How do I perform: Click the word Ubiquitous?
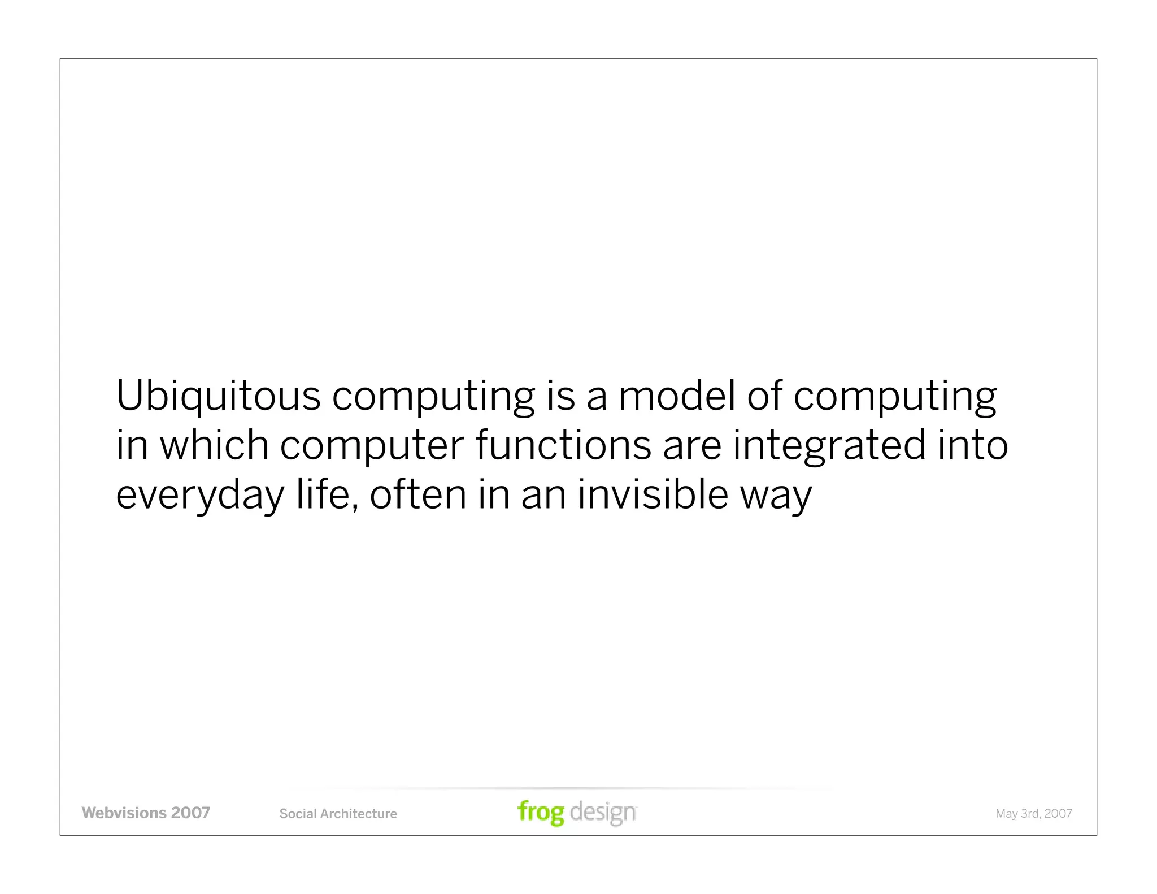(218, 397)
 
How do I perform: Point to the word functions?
(563, 445)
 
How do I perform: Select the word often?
(417, 494)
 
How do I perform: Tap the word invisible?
(653, 494)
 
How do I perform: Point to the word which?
(214, 445)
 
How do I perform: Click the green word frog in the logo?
(541, 813)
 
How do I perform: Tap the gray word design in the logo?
(603, 813)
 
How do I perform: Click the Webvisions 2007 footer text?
(146, 813)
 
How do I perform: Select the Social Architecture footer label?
(338, 814)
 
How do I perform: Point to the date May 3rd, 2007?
(1033, 814)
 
